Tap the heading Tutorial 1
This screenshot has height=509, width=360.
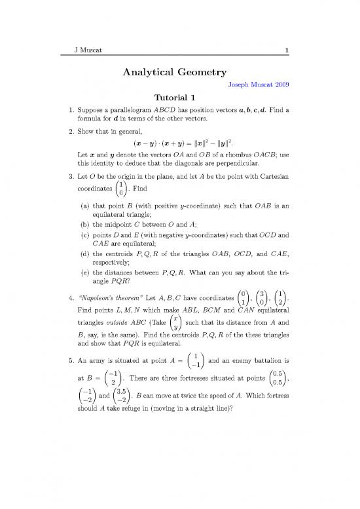(179, 98)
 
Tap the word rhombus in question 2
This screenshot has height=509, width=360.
(234, 156)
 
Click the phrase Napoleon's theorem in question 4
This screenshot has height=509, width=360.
(112, 309)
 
